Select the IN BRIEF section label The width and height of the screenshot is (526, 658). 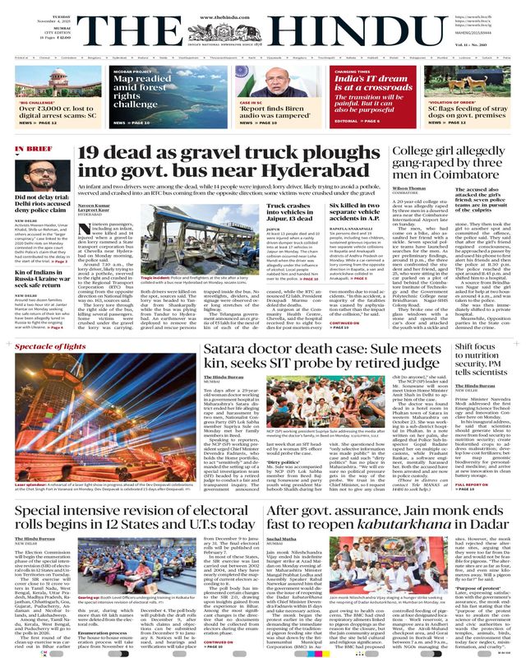[x=35, y=150]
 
